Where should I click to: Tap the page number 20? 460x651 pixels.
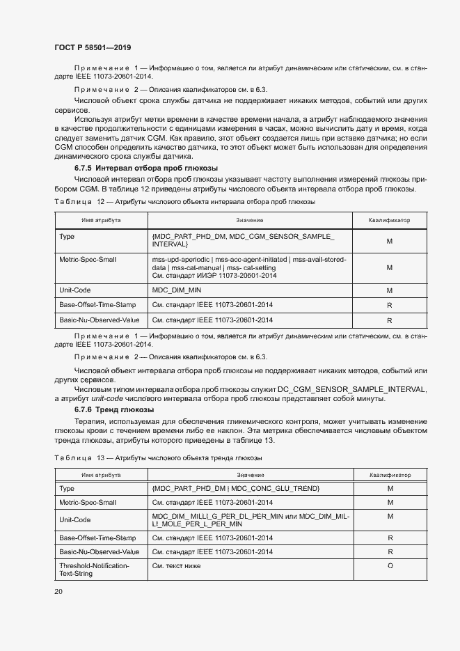[58, 591]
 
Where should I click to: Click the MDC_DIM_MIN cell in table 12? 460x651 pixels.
[177, 290]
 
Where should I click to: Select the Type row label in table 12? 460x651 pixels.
[67, 237]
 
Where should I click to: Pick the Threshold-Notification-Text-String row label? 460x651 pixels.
[94, 570]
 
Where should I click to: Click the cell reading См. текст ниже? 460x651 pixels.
[176, 566]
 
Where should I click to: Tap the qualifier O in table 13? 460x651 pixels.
[390, 566]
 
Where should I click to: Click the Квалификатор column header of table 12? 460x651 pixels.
[390, 220]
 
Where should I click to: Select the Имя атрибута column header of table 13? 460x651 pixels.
[101, 474]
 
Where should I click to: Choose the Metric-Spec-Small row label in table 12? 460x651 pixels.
[88, 259]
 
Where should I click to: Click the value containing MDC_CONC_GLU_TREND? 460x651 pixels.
[235, 489]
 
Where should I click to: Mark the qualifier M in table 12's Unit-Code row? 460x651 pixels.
[390, 290]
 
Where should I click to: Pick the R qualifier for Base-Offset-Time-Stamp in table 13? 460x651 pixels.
[390, 538]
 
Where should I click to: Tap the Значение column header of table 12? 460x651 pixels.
[249, 220]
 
